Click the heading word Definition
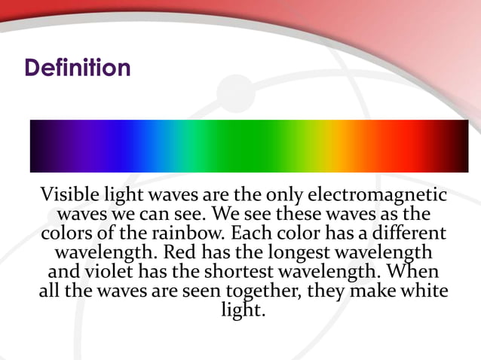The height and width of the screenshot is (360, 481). coord(78,68)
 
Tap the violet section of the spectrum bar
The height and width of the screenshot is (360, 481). coord(83,146)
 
